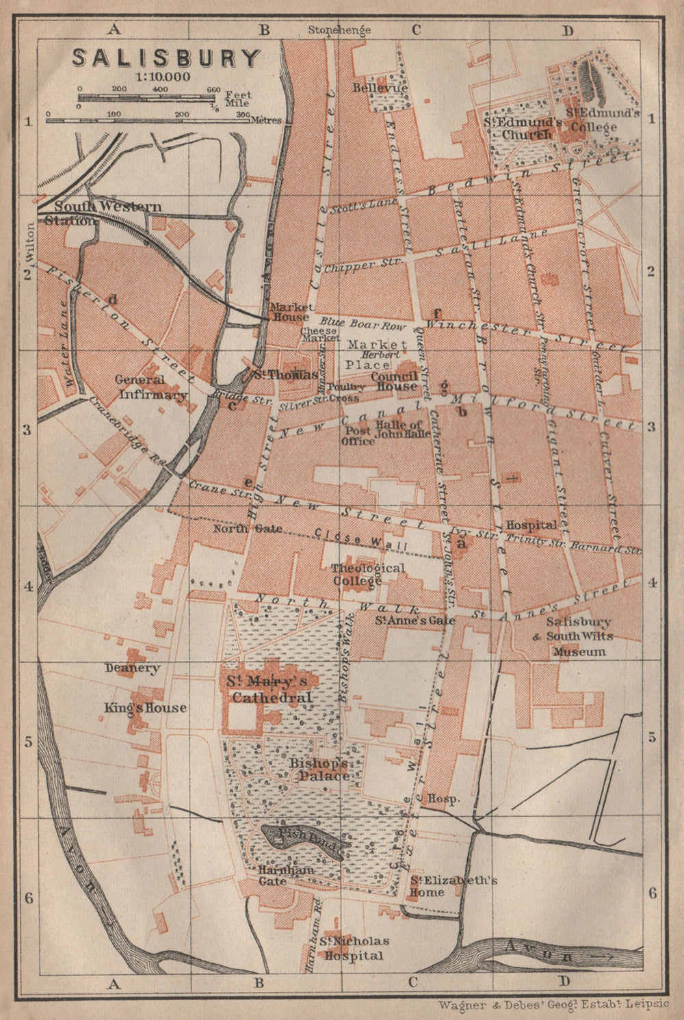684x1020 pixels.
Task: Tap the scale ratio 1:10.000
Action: [163, 77]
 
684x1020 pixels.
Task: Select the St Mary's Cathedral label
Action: [272, 689]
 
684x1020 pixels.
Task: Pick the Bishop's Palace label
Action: [323, 770]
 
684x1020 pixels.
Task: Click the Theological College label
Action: [367, 574]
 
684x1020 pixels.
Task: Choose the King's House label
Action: [145, 707]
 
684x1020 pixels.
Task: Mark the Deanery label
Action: [133, 668]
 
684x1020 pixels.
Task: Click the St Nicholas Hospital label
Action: [354, 949]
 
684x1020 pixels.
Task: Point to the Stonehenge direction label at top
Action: [339, 29]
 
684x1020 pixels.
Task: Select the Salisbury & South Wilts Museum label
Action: [579, 636]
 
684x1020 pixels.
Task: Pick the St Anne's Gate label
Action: [405, 621]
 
